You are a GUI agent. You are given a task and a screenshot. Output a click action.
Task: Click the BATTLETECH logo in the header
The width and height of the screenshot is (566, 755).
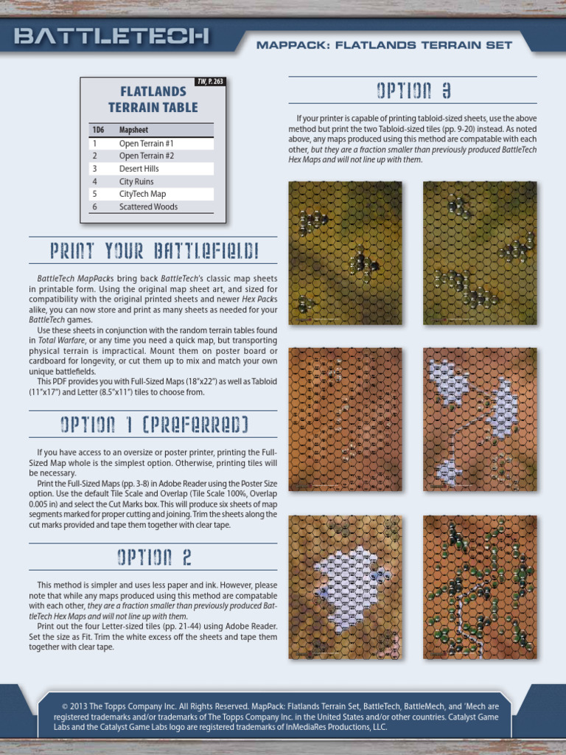111,36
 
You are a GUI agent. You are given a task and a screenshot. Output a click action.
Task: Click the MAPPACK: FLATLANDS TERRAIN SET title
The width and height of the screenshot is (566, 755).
384,45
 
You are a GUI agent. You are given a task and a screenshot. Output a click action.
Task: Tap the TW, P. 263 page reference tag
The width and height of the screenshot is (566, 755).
210,81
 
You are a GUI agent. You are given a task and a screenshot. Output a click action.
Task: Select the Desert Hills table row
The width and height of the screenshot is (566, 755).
151,169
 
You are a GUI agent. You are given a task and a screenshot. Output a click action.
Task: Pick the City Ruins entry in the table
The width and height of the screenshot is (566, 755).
136,181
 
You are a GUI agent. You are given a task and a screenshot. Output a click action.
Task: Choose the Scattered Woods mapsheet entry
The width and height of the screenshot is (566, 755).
148,206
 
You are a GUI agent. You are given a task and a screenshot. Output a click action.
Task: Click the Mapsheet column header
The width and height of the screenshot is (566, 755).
134,130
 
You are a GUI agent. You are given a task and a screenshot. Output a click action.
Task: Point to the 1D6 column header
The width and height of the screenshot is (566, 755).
98,130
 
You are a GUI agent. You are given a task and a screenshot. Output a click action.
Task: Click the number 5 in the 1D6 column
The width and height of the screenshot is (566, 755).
95,194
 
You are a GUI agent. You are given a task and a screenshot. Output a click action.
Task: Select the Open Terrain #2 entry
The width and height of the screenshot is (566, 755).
147,156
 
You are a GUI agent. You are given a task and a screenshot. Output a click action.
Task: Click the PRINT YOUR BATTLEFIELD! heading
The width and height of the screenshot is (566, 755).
155,251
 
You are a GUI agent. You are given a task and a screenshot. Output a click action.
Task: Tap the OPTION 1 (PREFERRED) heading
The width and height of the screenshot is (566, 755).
154,425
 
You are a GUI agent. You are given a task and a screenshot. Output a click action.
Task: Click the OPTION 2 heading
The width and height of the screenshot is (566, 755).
154,557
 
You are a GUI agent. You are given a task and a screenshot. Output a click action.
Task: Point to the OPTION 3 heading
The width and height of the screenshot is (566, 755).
413,91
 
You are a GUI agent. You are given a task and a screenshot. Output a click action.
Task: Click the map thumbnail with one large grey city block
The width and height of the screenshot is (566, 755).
345,587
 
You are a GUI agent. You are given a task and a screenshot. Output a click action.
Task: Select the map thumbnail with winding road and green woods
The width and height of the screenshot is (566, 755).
480,587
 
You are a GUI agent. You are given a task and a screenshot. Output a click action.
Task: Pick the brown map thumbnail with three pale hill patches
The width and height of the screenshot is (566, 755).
480,420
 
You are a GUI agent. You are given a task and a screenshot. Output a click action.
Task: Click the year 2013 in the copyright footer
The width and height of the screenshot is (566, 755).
79,706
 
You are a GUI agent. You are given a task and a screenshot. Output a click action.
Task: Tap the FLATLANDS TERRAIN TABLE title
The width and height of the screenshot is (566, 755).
153,100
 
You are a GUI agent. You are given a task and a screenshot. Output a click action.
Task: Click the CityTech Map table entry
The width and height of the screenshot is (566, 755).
142,194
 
